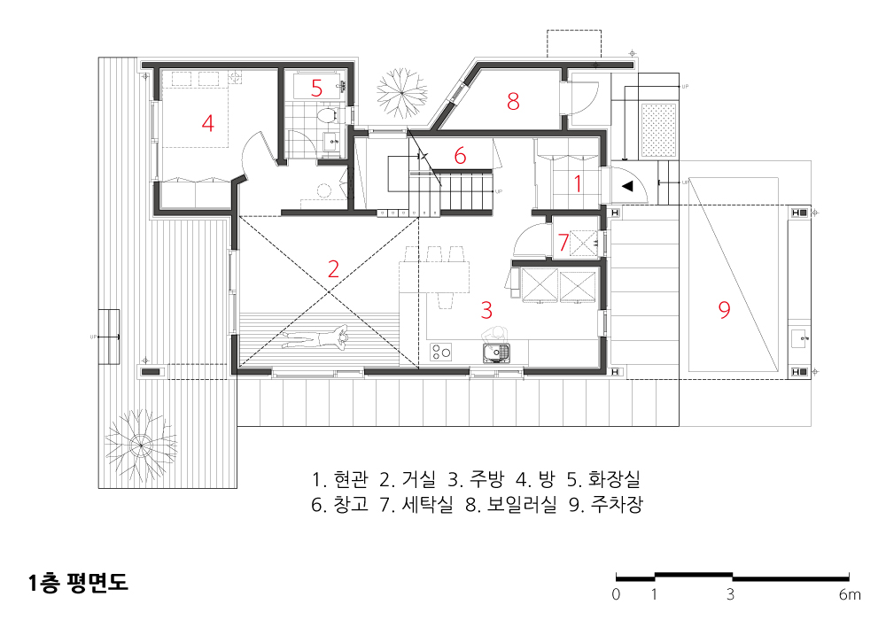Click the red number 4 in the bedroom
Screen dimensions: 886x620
click(208, 123)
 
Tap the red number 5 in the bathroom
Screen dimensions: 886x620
click(316, 88)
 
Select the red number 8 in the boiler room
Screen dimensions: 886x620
click(512, 101)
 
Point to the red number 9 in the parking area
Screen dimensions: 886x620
click(724, 309)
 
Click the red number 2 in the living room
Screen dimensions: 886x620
click(333, 269)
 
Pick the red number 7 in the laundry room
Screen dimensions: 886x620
click(563, 242)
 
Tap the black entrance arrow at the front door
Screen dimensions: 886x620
click(626, 186)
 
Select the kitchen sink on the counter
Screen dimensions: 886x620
click(496, 353)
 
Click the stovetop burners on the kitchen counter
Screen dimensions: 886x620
click(440, 352)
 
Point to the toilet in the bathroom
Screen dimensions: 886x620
click(327, 117)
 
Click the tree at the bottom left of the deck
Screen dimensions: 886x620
click(140, 446)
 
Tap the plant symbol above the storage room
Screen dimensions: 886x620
click(401, 93)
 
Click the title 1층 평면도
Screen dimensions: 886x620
click(78, 583)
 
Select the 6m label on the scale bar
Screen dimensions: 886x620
click(850, 594)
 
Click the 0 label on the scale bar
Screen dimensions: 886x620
click(616, 594)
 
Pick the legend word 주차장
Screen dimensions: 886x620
click(617, 504)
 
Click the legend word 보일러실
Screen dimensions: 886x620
click(522, 504)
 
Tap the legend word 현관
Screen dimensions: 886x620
click(351, 479)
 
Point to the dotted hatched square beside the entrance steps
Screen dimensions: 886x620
click(659, 130)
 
